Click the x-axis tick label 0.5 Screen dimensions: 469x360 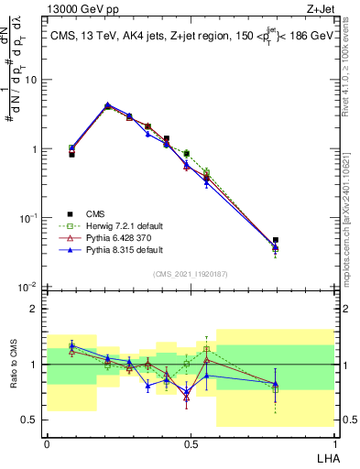[x=190, y=443]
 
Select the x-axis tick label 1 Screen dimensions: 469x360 [x=334, y=443]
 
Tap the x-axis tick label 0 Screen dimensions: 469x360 [x=47, y=443]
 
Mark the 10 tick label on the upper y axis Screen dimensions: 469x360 [x=32, y=80]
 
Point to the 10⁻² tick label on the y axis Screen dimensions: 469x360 [x=29, y=288]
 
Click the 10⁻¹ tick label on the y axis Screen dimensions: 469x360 [x=29, y=218]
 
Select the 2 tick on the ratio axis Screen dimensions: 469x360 [x=38, y=309]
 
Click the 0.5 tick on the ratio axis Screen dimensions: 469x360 [x=34, y=420]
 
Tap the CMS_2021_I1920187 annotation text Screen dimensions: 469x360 [x=190, y=274]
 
